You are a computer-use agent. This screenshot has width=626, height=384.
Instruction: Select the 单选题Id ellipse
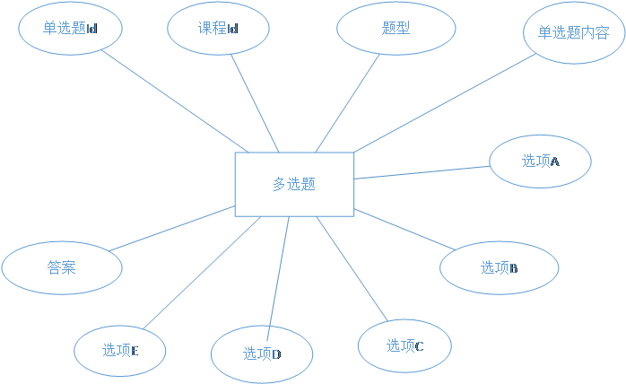tap(70, 28)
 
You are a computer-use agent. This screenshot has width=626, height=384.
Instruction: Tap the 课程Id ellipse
tap(219, 28)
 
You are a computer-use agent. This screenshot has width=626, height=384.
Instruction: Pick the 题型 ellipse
tap(396, 28)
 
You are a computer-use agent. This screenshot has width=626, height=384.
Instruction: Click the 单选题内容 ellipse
tap(574, 33)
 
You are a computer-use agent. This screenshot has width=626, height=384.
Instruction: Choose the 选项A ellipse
tap(540, 161)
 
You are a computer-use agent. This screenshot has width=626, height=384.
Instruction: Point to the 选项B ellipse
tap(499, 267)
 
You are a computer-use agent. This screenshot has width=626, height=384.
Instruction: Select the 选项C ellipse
tap(404, 345)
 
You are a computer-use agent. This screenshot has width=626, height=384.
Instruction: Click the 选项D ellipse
tap(262, 353)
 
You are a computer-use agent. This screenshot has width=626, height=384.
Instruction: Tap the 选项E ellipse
tap(119, 350)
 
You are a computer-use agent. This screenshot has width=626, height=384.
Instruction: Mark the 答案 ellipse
tap(61, 267)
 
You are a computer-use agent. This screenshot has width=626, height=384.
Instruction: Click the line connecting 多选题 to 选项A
tap(422, 172)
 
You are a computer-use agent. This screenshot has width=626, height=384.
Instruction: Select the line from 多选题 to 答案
tap(170, 229)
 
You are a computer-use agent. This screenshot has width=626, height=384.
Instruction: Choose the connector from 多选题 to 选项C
tap(352, 267)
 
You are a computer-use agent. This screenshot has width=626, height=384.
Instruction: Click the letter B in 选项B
tap(514, 268)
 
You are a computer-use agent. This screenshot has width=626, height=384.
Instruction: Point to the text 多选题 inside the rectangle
tap(294, 185)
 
